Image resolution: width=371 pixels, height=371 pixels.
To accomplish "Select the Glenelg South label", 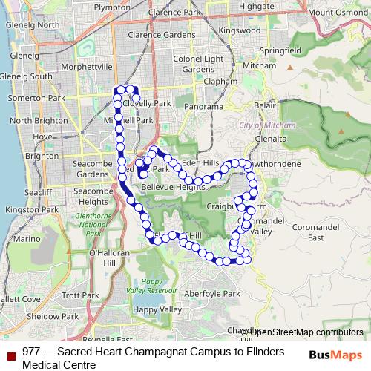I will click(26, 76).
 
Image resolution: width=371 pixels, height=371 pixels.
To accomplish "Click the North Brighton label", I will click(33, 121).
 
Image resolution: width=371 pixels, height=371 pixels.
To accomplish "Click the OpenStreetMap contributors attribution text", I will click(305, 332).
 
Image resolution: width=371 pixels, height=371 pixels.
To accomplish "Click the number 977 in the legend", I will click(31, 352).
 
